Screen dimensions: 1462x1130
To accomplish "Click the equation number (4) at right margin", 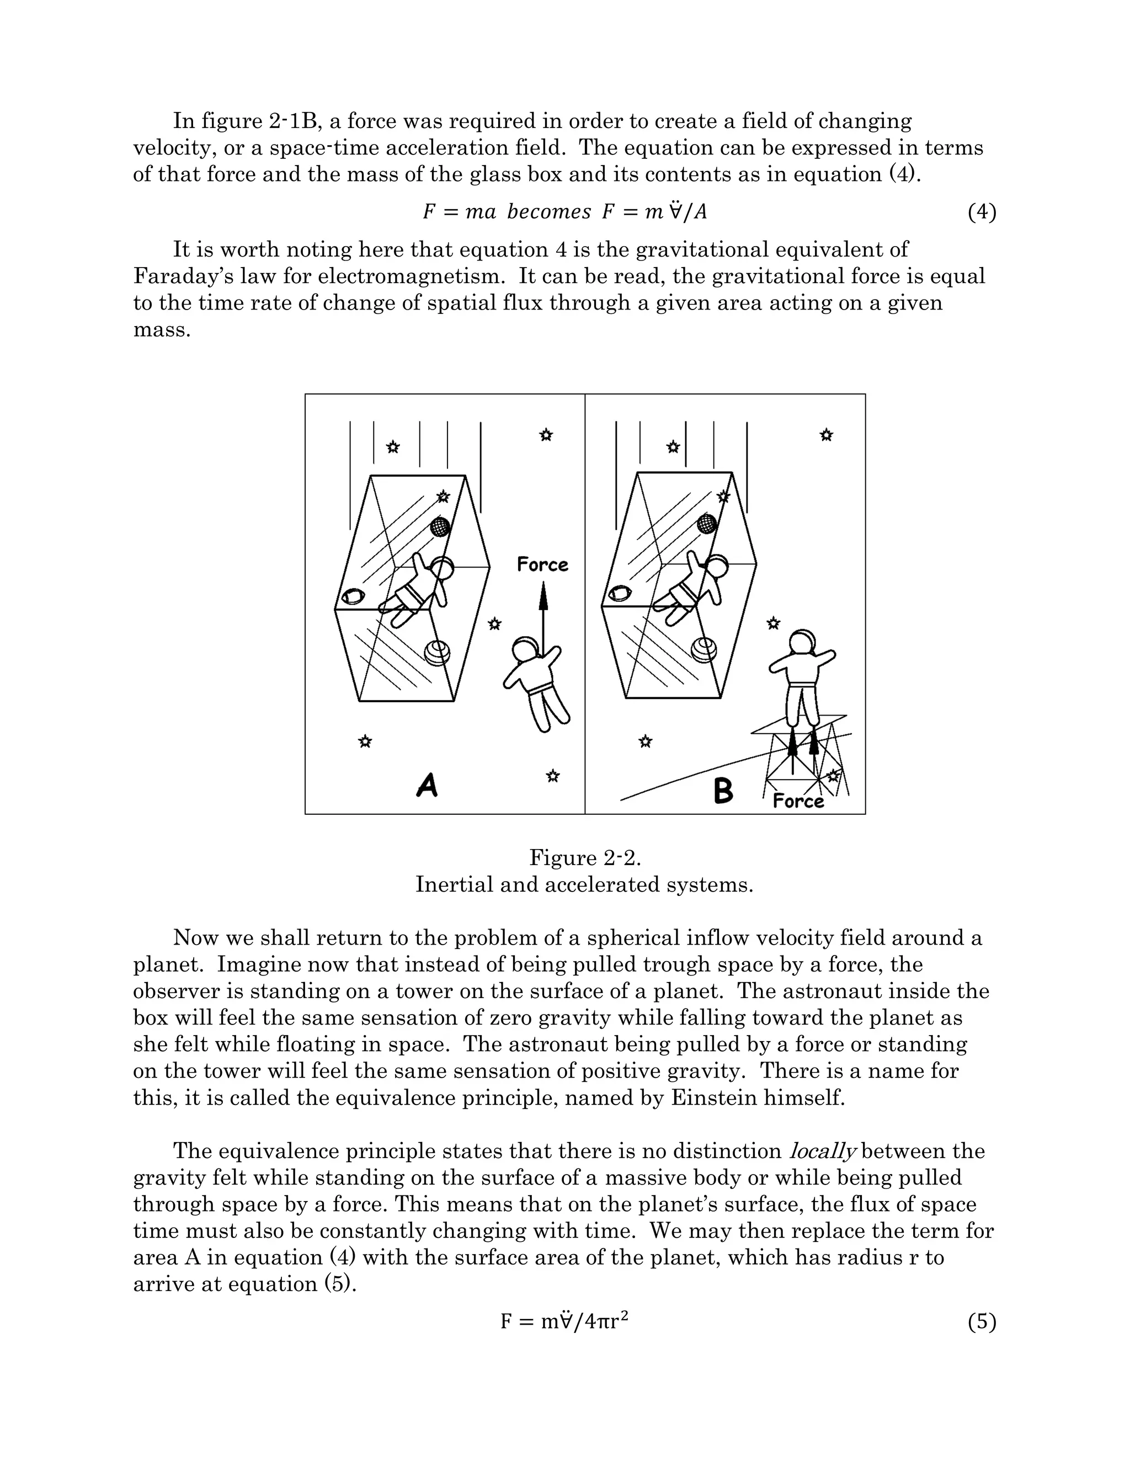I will pyautogui.click(x=982, y=212).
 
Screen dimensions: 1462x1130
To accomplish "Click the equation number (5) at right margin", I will pyautogui.click(x=982, y=1321).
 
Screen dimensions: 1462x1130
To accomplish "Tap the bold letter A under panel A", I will pyautogui.click(x=427, y=785).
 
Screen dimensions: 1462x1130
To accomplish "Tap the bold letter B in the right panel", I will pyautogui.click(x=723, y=791).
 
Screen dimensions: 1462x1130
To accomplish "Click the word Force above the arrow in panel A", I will pyautogui.click(x=542, y=565).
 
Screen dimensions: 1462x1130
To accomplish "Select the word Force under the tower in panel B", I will pyautogui.click(x=798, y=801).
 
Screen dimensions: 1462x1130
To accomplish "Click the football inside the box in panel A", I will pyautogui.click(x=353, y=596).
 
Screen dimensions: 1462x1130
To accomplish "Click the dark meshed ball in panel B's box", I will pyautogui.click(x=707, y=524).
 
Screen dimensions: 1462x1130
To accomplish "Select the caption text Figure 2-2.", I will pyautogui.click(x=584, y=857).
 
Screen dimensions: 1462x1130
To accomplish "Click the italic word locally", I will pyautogui.click(x=823, y=1151).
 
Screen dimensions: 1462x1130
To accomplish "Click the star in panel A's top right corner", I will pyautogui.click(x=546, y=436).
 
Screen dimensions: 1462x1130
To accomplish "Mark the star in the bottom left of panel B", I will pyautogui.click(x=646, y=741).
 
